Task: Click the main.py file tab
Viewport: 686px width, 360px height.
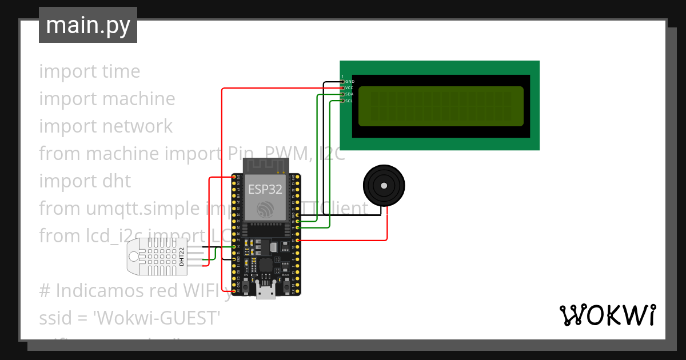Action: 87,25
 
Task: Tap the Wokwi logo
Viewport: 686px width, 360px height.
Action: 607,315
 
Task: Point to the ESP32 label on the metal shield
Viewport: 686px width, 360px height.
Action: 265,190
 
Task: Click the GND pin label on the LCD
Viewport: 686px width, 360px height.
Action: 350,82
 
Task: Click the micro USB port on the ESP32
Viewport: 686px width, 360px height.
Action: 265,293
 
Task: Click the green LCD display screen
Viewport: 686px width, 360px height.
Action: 441,106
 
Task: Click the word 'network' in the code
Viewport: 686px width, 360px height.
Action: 136,126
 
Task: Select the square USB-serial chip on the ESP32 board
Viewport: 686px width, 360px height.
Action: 266,265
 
